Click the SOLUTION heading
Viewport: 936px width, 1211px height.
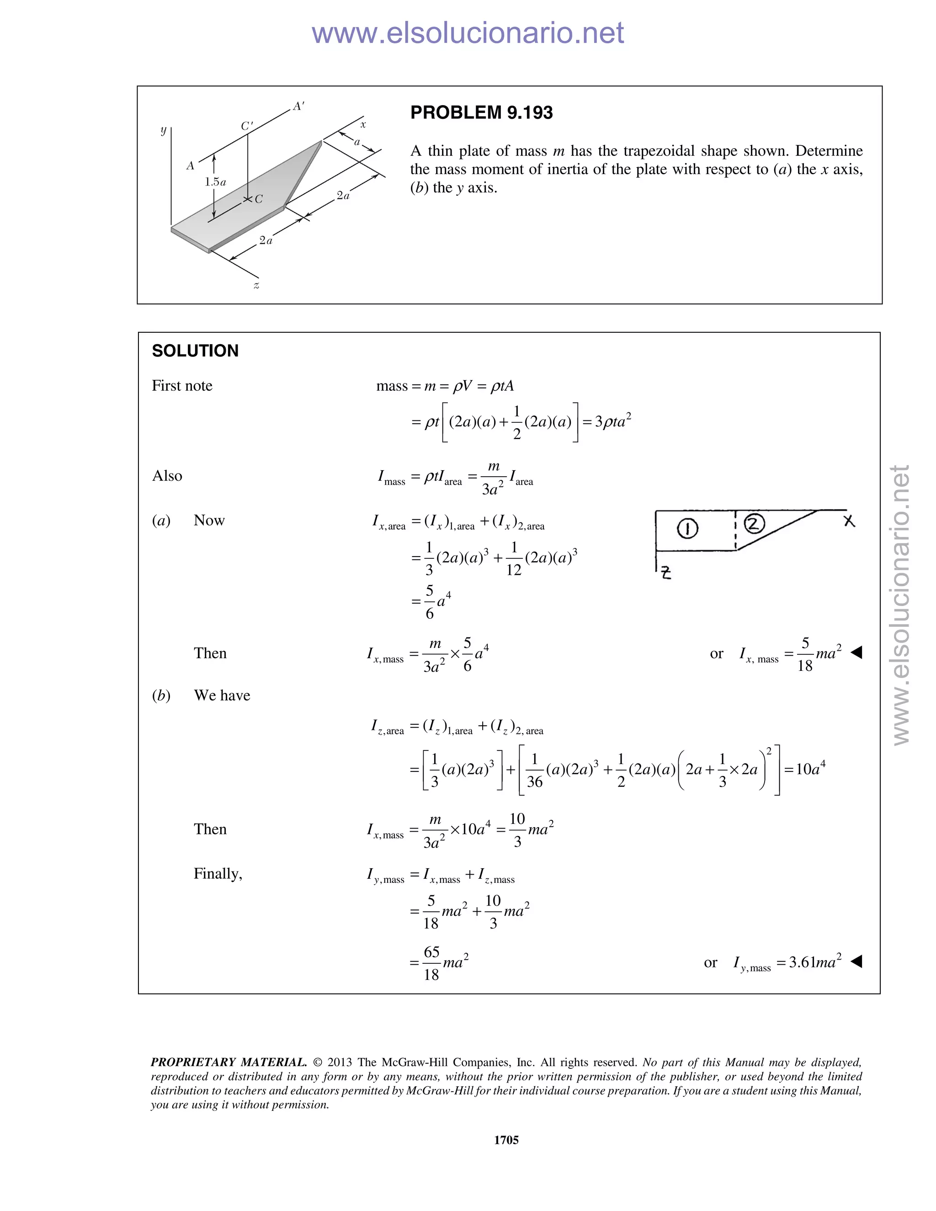pos(195,351)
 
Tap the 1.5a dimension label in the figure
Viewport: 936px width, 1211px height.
pos(215,182)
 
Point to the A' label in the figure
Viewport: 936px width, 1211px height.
pos(299,106)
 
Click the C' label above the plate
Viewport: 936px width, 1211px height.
pos(247,126)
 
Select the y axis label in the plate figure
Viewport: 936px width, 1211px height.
pos(163,130)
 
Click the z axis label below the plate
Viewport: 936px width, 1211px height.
pos(256,286)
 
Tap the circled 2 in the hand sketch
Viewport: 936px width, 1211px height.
pos(754,523)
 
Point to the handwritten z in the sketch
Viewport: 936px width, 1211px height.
pos(666,572)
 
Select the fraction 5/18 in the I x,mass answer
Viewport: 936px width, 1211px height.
pos(804,654)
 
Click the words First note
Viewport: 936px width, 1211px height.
pos(182,386)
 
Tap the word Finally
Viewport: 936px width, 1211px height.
pos(218,874)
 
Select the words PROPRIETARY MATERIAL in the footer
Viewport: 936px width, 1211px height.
pos(229,1062)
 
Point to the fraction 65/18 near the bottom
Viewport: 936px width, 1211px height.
pos(431,963)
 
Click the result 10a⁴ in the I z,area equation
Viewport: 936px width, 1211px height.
pos(810,769)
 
